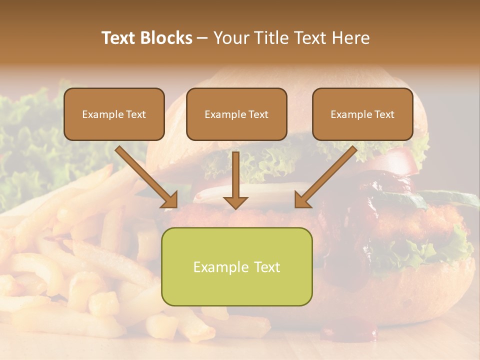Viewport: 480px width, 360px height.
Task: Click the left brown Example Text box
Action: tap(114, 114)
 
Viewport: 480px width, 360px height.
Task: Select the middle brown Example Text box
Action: tap(236, 114)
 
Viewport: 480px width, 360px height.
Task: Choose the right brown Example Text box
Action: tap(362, 114)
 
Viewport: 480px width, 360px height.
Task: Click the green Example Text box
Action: tap(236, 266)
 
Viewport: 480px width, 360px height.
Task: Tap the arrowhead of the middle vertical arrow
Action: tap(235, 202)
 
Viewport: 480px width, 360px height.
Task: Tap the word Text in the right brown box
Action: tap(383, 114)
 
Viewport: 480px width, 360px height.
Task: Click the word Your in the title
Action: tap(230, 38)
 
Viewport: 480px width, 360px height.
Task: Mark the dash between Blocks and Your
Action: tap(202, 38)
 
